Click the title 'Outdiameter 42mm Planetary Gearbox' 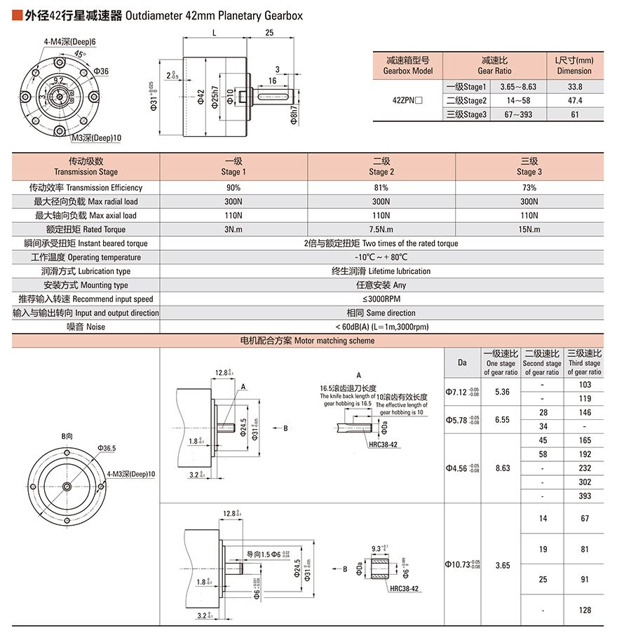pos(213,15)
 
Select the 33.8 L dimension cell pos(574,86)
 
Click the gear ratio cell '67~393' pos(518,114)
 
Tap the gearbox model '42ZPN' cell pos(407,100)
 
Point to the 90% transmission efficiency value pos(233,188)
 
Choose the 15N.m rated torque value pos(529,230)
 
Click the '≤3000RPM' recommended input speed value pos(381,299)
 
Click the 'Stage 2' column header pos(381,166)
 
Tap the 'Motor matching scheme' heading pos(308,341)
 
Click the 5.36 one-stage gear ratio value pos(501,391)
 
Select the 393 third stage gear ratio pos(584,496)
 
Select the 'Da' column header pos(462,362)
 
